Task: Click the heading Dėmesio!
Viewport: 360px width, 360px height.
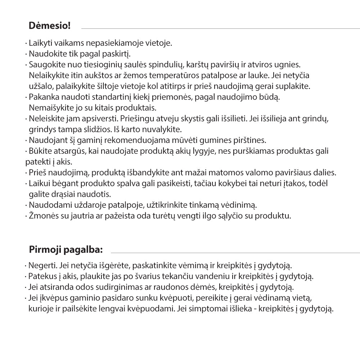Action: pyautogui.click(x=49, y=26)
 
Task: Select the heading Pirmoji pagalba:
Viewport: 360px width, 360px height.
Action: pyautogui.click(x=66, y=249)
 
